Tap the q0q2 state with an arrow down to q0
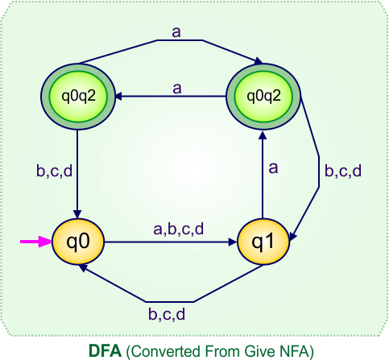click(77, 96)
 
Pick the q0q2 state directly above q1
click(263, 96)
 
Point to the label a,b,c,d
click(178, 230)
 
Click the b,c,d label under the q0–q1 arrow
click(170, 312)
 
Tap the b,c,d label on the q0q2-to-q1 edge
click(342, 171)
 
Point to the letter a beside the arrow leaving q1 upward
click(273, 168)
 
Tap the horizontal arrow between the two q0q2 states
click(169, 96)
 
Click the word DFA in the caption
click(104, 350)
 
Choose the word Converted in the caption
click(161, 350)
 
